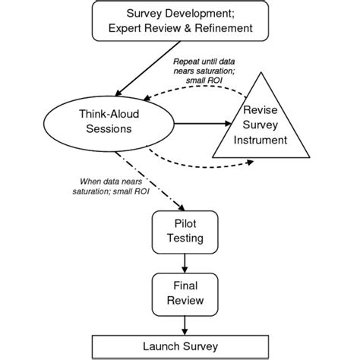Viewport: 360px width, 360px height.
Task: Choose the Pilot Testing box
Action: [x=185, y=232]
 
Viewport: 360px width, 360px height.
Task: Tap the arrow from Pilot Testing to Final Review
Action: [x=185, y=264]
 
